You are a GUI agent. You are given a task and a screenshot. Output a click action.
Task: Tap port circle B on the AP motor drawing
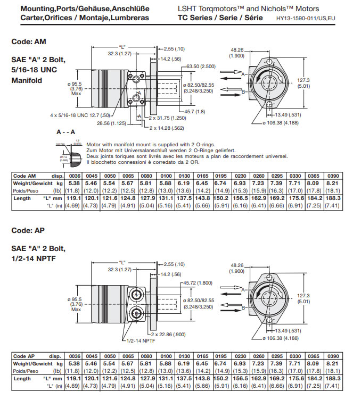137,314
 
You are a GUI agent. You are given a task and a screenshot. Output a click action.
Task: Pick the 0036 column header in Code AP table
75,355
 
